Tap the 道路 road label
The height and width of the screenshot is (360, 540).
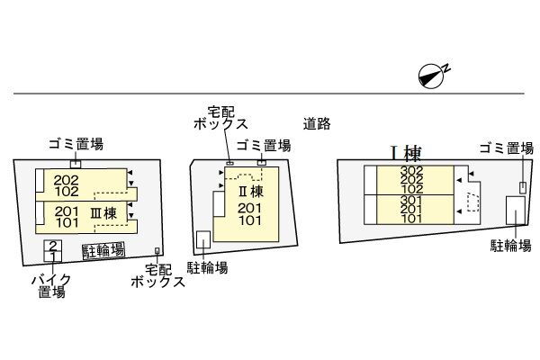tap(317, 123)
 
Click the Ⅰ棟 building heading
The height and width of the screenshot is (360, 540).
tap(406, 153)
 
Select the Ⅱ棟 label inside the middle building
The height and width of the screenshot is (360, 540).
tap(251, 192)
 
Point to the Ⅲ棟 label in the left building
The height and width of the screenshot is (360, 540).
tap(103, 213)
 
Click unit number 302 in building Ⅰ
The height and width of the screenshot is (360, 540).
tap(412, 170)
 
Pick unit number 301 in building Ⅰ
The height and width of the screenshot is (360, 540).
tap(412, 200)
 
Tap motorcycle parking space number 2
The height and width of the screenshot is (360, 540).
tap(53, 246)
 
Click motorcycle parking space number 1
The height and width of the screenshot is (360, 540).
tap(53, 256)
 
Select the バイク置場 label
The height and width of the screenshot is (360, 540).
tap(51, 286)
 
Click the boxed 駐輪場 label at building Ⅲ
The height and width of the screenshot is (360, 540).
tap(103, 250)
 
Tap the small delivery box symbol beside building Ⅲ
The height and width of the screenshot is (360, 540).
tap(157, 251)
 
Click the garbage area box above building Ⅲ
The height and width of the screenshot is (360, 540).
tap(76, 165)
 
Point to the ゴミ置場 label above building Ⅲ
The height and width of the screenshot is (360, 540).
tap(76, 144)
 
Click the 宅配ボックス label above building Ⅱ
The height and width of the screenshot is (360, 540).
tap(220, 118)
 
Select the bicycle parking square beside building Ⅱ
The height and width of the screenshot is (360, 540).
tap(203, 239)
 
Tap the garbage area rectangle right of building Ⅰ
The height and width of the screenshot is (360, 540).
tap(523, 187)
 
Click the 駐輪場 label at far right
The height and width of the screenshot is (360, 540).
tap(511, 246)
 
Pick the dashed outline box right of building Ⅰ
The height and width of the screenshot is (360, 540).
tap(472, 202)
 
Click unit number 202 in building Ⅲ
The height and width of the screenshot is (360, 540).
tap(66, 180)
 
